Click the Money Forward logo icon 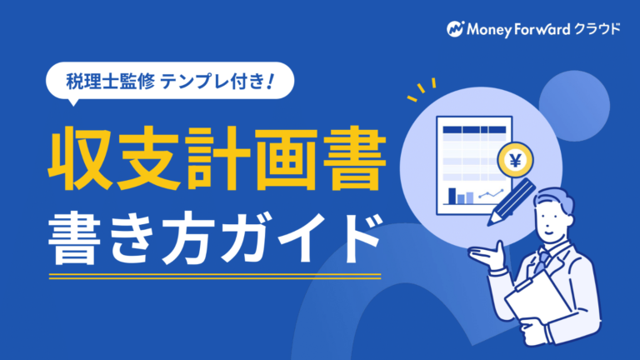454,29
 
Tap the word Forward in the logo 542,29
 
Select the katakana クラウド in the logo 597,29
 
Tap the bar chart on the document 461,195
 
